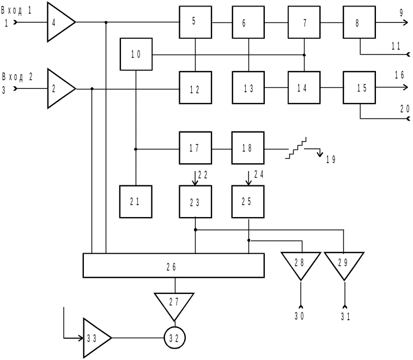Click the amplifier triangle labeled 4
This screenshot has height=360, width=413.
pos(59,22)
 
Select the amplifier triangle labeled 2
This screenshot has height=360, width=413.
pos(59,89)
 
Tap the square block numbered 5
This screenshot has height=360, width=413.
pos(196,22)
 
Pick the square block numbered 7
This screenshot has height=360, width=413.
pos(304,22)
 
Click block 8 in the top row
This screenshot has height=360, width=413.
pos(359,22)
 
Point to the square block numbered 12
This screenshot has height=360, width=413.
pos(196,87)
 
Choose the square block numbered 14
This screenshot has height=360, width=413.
pos(304,87)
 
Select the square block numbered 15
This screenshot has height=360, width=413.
pos(359,87)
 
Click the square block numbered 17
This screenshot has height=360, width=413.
pos(196,148)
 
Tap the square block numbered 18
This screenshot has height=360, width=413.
pos(248,148)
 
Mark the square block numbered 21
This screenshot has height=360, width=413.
pos(136,201)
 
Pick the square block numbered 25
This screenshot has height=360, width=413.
pos(248,201)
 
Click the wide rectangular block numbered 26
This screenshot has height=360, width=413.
pos(173,265)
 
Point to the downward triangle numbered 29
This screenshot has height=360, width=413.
pos(344,264)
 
